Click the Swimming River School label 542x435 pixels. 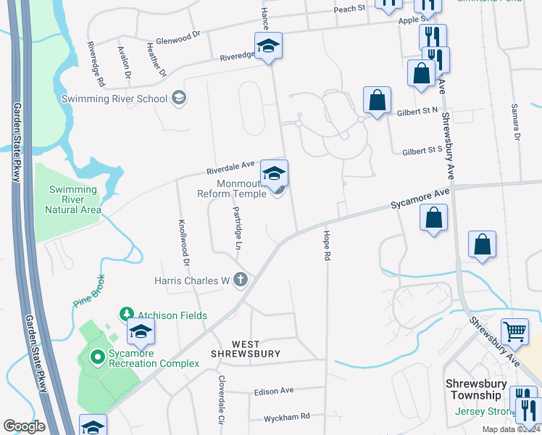point(114,99)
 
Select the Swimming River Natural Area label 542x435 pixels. point(72,199)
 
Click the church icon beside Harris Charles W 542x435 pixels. point(241,280)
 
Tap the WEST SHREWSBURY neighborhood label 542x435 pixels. point(245,348)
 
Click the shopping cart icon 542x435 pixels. point(514,331)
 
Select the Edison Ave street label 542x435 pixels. point(274,391)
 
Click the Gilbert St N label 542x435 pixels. point(418,112)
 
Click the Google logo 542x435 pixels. point(24,426)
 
